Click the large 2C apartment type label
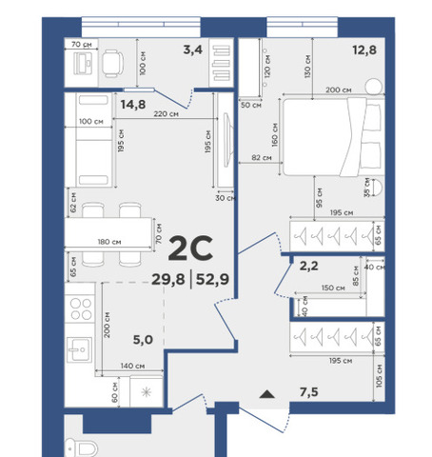[190, 248]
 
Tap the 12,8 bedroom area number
[364, 50]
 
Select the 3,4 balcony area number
[193, 50]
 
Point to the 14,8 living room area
[133, 104]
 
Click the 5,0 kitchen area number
[143, 340]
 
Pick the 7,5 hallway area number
[309, 392]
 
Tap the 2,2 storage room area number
[309, 266]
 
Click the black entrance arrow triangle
[267, 394]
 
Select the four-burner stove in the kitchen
[81, 308]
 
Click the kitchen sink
[80, 349]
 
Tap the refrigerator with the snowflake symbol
[147, 392]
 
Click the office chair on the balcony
[112, 64]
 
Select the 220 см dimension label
[166, 113]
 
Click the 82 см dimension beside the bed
[262, 157]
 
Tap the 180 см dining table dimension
[109, 242]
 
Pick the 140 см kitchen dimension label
[132, 366]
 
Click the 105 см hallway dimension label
[379, 376]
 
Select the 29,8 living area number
[168, 280]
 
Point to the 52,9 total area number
[212, 280]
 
